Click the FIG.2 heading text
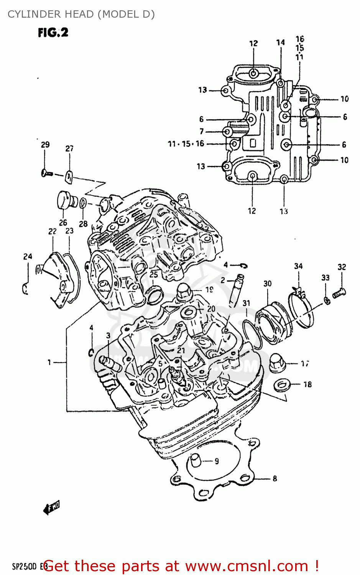click(53, 33)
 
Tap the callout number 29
click(45, 145)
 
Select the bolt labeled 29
click(47, 173)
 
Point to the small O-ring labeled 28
click(83, 204)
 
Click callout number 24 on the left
click(28, 256)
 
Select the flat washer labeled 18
click(282, 384)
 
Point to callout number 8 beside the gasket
click(275, 478)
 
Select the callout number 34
click(298, 266)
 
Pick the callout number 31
click(246, 303)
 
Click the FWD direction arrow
click(51, 508)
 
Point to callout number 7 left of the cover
click(202, 131)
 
